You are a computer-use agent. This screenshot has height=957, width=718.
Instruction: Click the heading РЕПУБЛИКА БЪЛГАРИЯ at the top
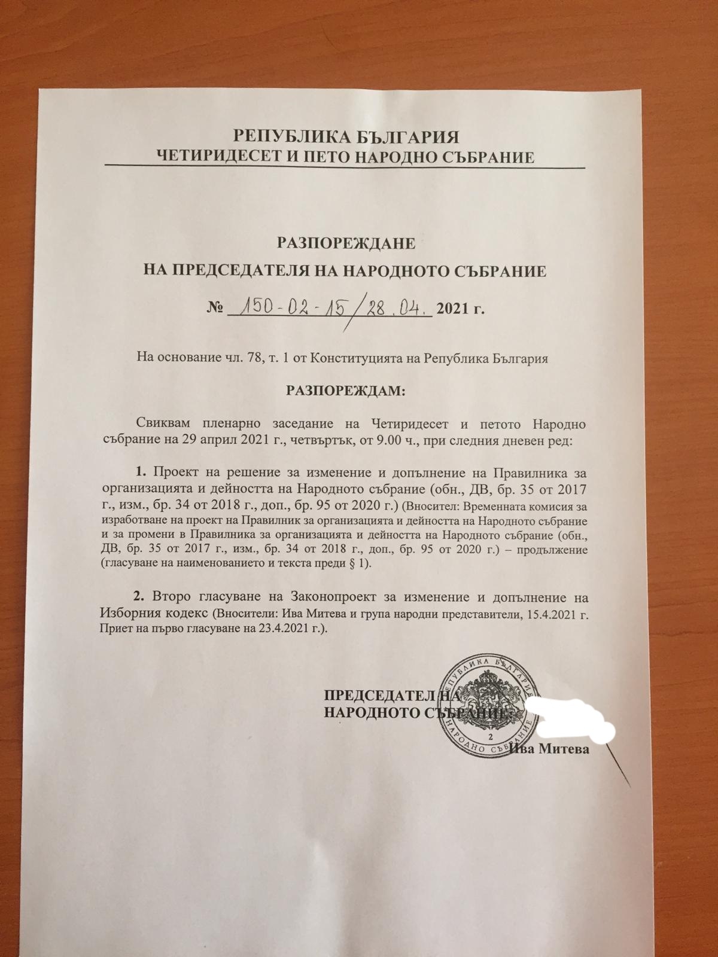pyautogui.click(x=346, y=137)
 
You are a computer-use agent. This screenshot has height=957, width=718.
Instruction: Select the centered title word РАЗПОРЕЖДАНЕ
pyautogui.click(x=344, y=244)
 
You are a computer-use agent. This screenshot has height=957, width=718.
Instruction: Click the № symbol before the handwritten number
pyautogui.click(x=215, y=309)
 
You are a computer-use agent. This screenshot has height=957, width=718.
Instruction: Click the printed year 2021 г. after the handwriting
pyautogui.click(x=460, y=309)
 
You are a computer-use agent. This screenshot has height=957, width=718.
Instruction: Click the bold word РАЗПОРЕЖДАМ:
pyautogui.click(x=346, y=391)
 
